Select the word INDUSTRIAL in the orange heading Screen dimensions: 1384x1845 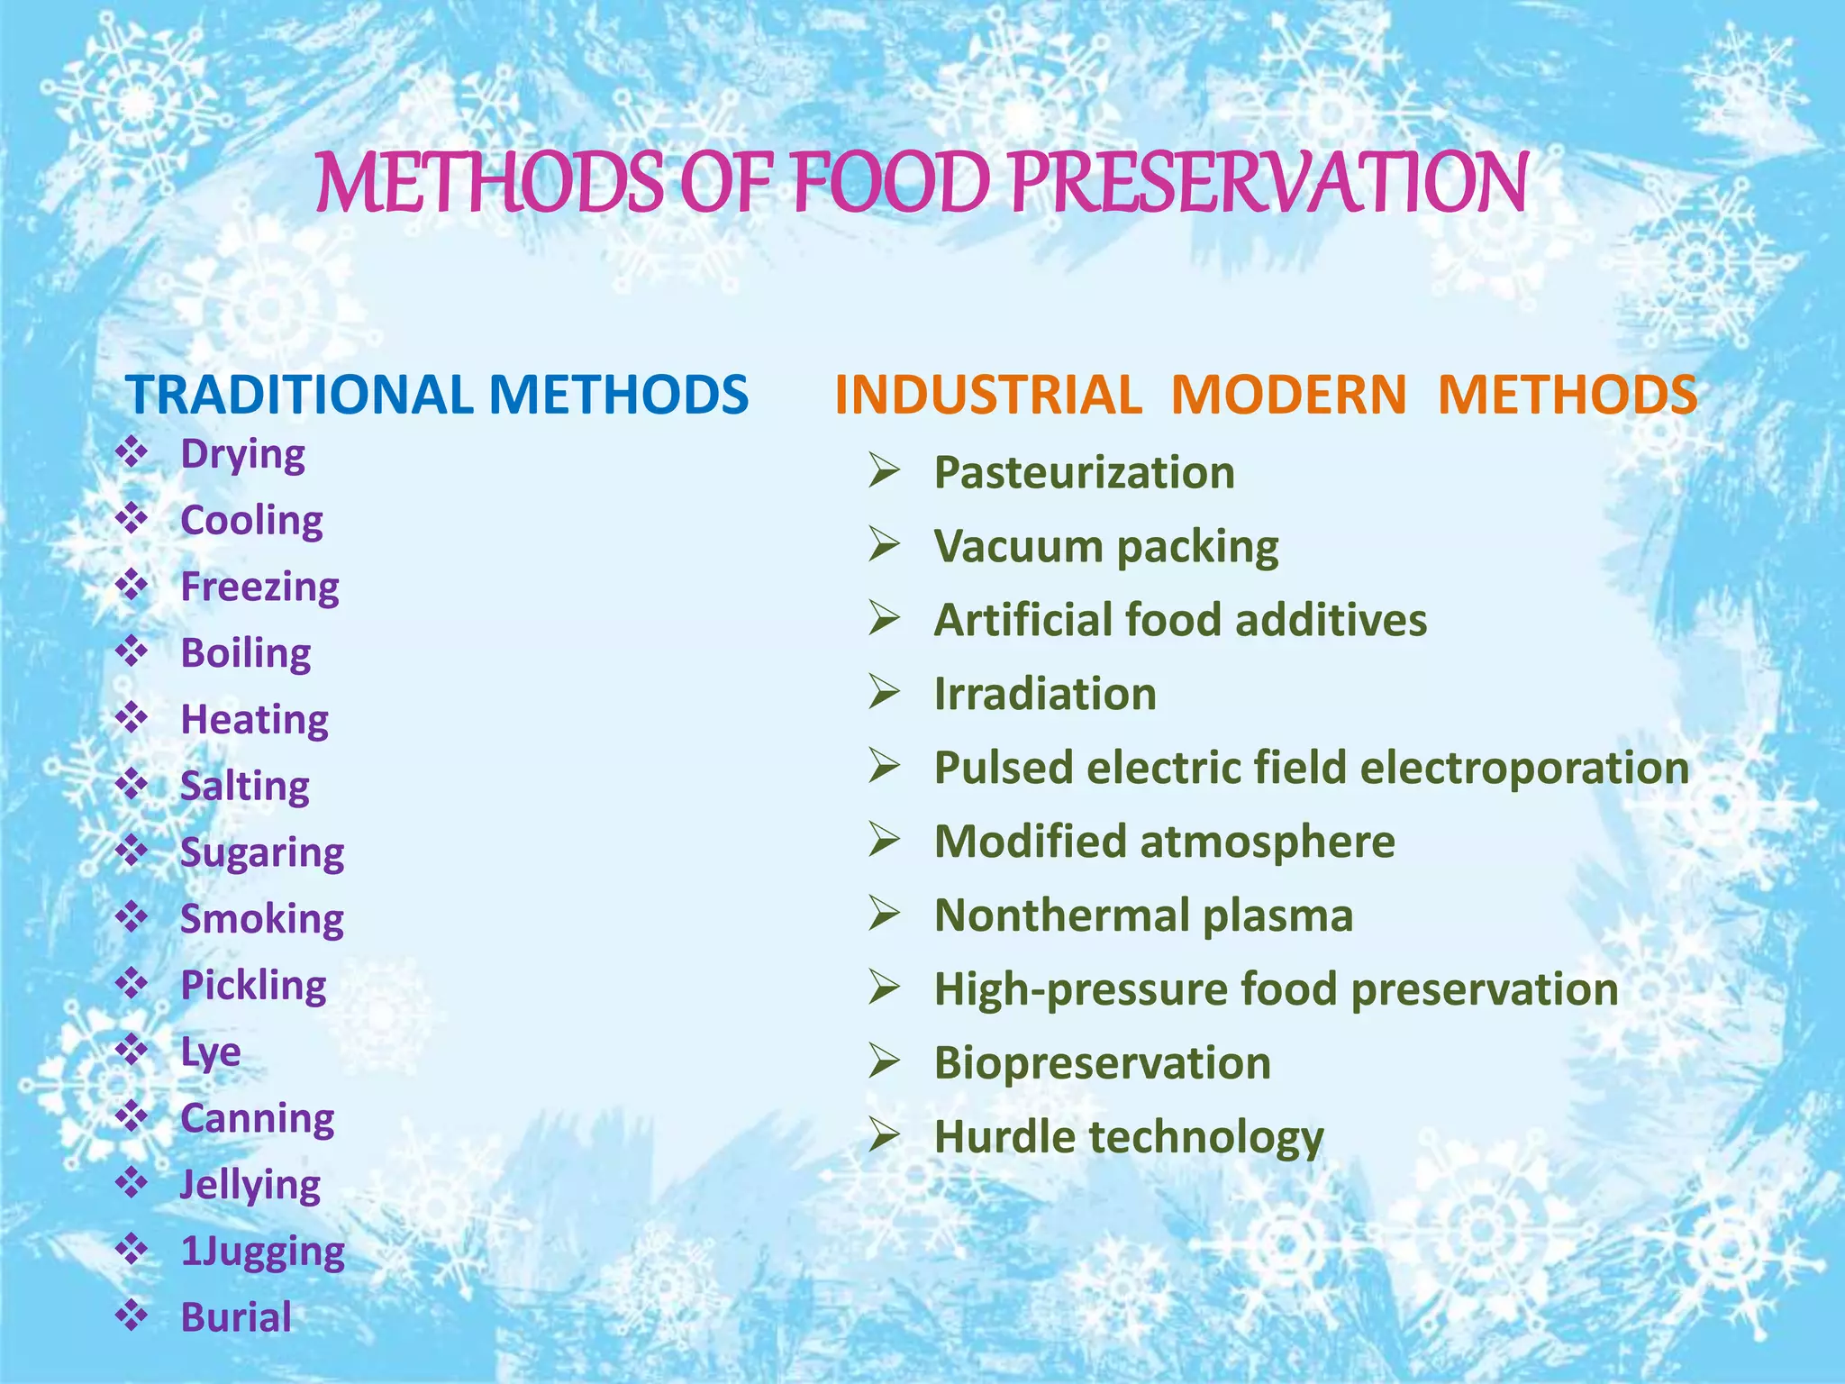pyautogui.click(x=988, y=395)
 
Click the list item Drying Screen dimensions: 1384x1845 pyautogui.click(x=242, y=453)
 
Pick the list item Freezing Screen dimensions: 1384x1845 pyautogui.click(x=259, y=587)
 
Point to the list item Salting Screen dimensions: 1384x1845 pyautogui.click(x=244, y=786)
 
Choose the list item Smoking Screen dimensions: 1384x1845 pyautogui.click(x=262, y=919)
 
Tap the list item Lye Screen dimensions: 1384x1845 pyautogui.click(x=210, y=1052)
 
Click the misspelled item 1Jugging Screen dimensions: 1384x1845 pyautogui.click(x=262, y=1251)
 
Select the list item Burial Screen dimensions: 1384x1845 pyautogui.click(x=236, y=1317)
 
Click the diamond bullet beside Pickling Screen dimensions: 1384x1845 pyautogui.click(x=132, y=984)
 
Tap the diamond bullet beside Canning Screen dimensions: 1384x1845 pyautogui.click(x=132, y=1116)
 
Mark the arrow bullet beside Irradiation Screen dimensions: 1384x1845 pyautogui.click(x=885, y=692)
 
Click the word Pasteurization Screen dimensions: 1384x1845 pyautogui.click(x=1084, y=472)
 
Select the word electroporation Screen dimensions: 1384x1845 pyautogui.click(x=1523, y=768)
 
